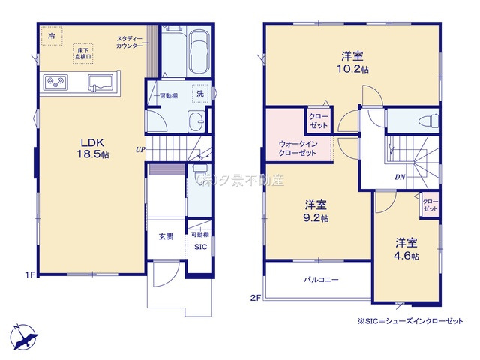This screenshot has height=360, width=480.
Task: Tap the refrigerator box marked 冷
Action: click(x=52, y=35)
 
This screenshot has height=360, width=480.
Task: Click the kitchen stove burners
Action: click(x=56, y=82)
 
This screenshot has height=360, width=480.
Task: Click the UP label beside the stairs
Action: click(x=139, y=149)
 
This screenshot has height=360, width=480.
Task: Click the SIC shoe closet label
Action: click(x=200, y=246)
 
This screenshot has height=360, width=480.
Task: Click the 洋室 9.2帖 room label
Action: click(x=316, y=211)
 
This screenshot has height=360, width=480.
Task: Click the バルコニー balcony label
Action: click(x=321, y=279)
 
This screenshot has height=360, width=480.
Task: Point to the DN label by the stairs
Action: click(x=401, y=178)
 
